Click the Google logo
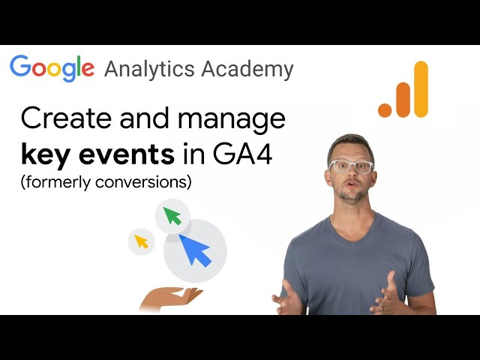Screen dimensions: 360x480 (x=52, y=68)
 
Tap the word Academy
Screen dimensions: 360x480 (x=248, y=69)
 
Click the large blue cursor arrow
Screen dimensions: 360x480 (x=195, y=250)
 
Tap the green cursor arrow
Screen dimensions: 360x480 (x=173, y=216)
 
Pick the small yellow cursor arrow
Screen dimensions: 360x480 (x=140, y=241)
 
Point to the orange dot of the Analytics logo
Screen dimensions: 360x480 (x=385, y=109)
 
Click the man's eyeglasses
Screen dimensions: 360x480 (x=350, y=166)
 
